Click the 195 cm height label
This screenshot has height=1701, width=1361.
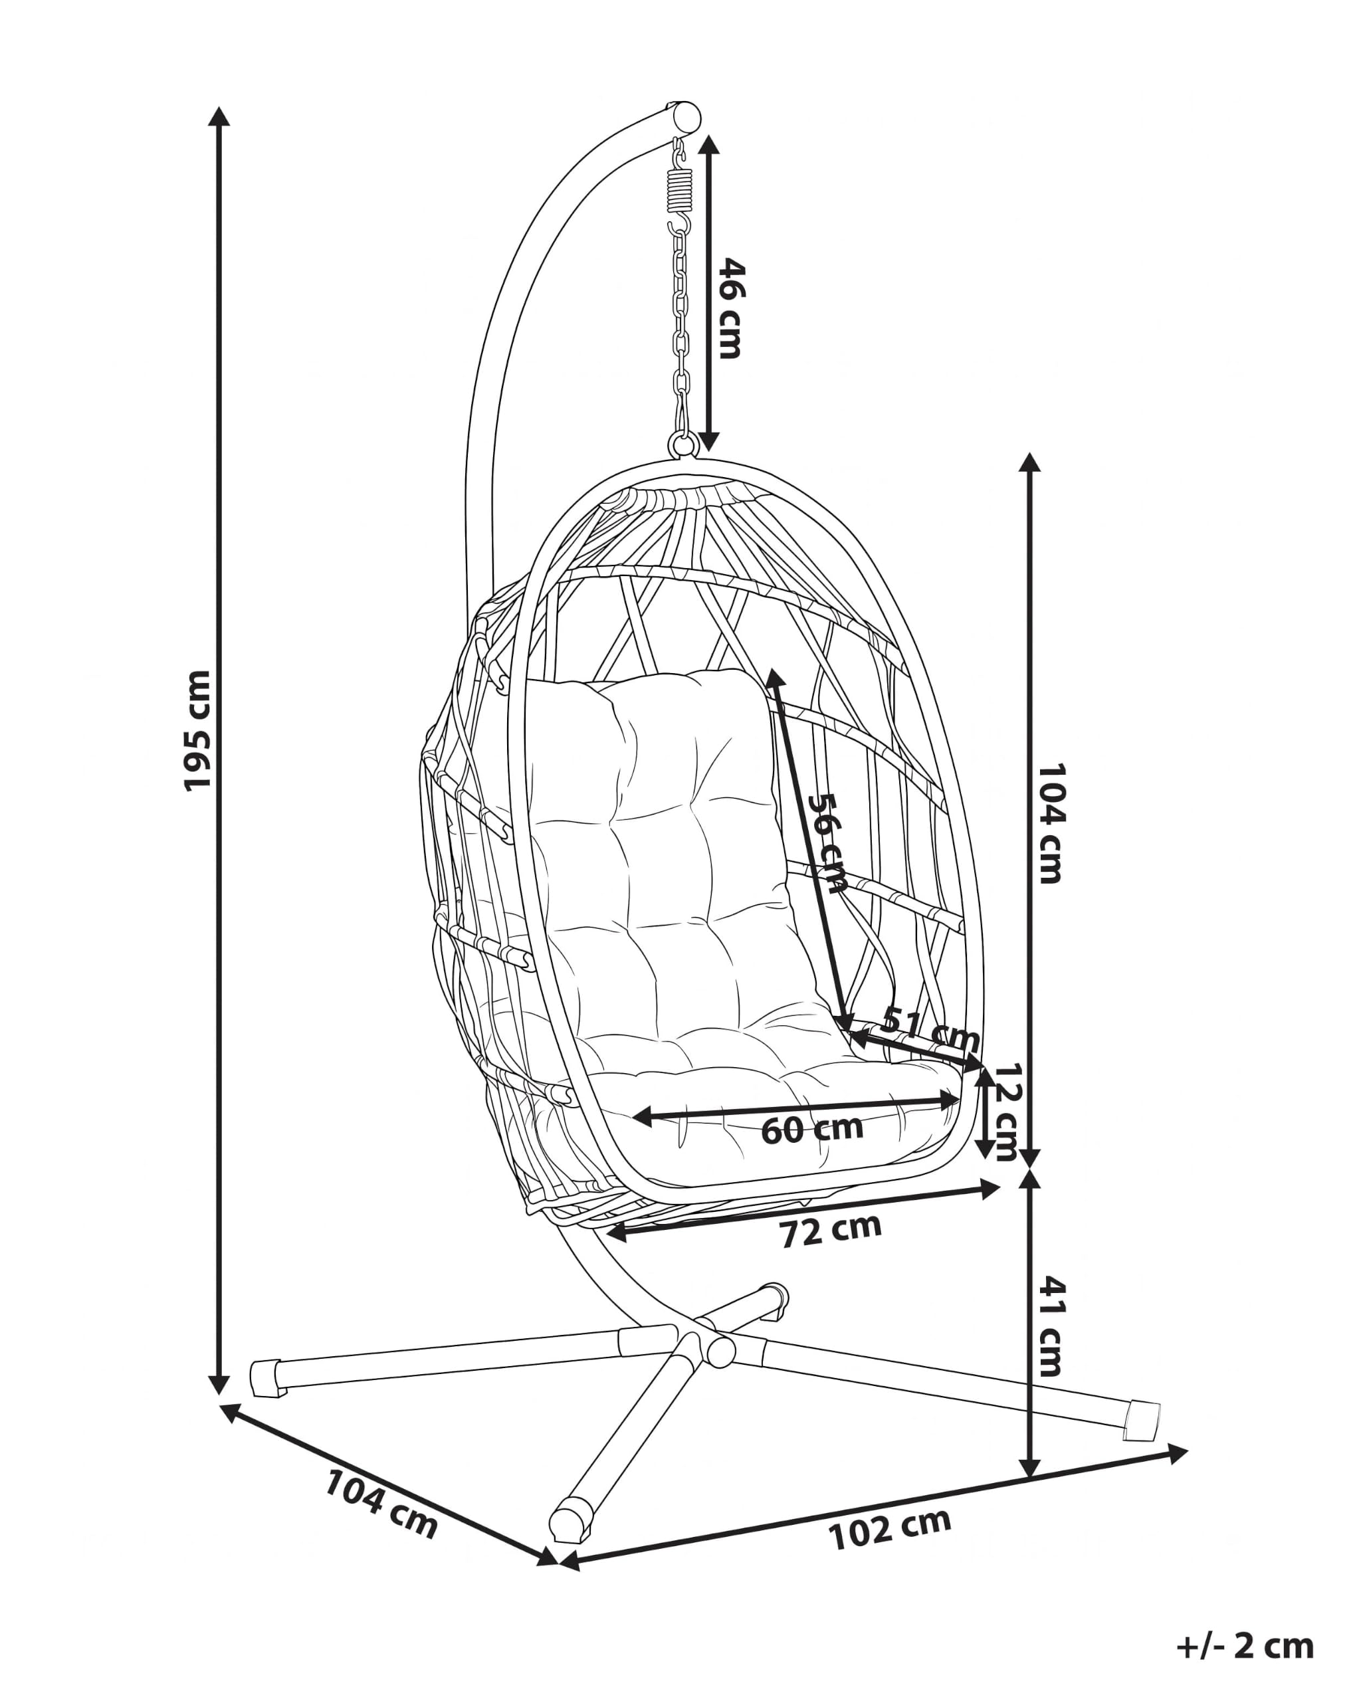click(197, 730)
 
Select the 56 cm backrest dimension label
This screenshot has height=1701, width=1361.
click(827, 842)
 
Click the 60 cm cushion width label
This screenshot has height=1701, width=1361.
click(812, 1129)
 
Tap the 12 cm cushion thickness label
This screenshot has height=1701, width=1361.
click(1007, 1112)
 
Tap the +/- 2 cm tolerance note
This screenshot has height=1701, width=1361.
click(1245, 1646)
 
